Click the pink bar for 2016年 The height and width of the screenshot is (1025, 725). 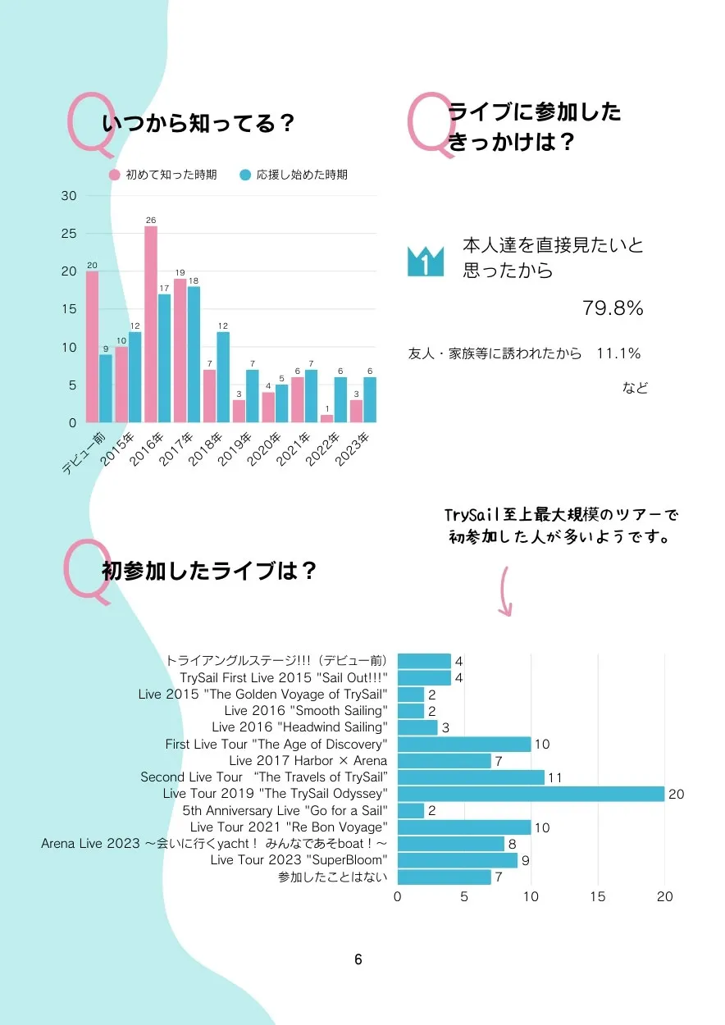[151, 325]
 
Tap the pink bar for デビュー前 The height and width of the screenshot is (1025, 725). [92, 347]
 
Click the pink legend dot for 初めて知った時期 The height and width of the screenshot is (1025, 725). [115, 175]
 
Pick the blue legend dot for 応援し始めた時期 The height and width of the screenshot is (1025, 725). [245, 175]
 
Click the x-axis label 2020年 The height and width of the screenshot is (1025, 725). [271, 447]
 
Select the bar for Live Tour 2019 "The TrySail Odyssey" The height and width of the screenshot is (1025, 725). [531, 794]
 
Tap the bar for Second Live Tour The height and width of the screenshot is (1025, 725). [471, 777]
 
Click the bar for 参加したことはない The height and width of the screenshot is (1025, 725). [444, 877]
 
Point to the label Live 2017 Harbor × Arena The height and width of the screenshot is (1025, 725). [308, 761]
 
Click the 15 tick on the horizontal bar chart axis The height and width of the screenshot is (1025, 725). [598, 896]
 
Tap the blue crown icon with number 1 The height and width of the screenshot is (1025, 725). [425, 261]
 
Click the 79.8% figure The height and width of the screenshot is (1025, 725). [613, 308]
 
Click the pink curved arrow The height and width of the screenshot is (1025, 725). [506, 590]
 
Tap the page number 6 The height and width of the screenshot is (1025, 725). [358, 959]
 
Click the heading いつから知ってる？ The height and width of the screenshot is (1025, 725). [198, 124]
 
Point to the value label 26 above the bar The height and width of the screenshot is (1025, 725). [151, 220]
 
